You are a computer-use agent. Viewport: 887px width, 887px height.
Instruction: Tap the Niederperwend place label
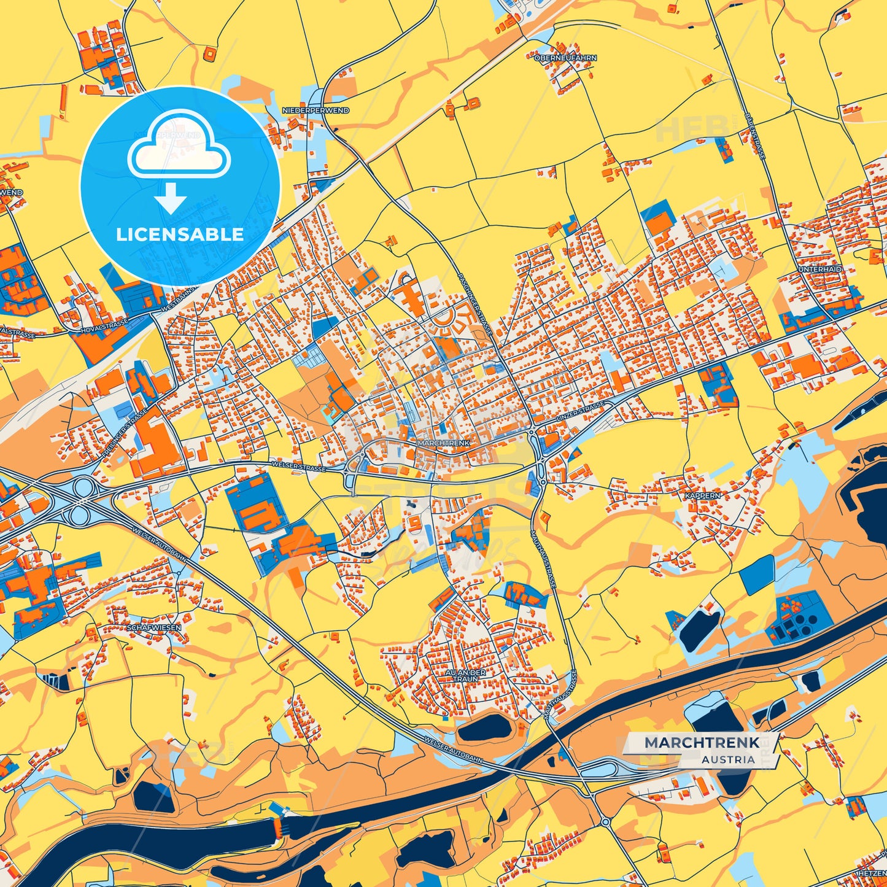316,110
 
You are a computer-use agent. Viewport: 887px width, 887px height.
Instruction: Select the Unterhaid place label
820,269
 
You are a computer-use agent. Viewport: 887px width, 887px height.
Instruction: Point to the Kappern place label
703,495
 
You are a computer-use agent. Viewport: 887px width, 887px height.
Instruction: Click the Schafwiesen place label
154,628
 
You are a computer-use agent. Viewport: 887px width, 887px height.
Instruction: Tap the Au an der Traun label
465,676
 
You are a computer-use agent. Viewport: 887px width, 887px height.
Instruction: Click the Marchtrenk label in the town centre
443,443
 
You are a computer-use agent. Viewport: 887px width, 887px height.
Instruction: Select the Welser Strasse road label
299,467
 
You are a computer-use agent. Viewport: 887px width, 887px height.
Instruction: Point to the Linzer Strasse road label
580,412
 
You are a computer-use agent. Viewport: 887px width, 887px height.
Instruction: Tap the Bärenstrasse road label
754,136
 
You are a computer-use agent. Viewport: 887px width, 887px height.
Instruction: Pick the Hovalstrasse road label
104,327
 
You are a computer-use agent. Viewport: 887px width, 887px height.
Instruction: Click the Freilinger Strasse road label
123,433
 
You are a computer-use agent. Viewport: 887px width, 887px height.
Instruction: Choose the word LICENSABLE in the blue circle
180,234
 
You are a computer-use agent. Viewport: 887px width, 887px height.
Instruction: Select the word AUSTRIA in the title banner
728,759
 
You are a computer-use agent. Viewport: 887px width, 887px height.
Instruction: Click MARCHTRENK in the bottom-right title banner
702,743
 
